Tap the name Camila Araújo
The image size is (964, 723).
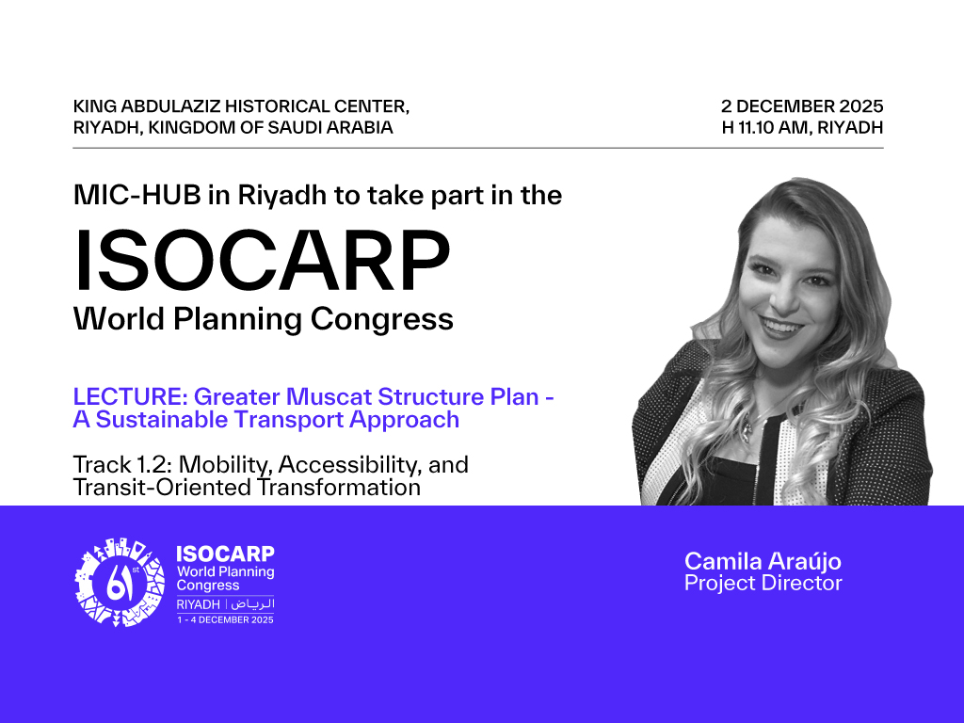[x=763, y=562]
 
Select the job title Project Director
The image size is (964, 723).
[x=763, y=584]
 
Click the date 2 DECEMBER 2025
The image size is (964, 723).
[x=802, y=105]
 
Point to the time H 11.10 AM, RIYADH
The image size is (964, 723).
[x=802, y=127]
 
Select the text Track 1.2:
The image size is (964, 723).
[x=121, y=464]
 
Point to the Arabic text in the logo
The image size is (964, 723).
[x=253, y=603]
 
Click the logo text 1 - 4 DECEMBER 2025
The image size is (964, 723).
[x=225, y=619]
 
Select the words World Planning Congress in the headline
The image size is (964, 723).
[x=264, y=319]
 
